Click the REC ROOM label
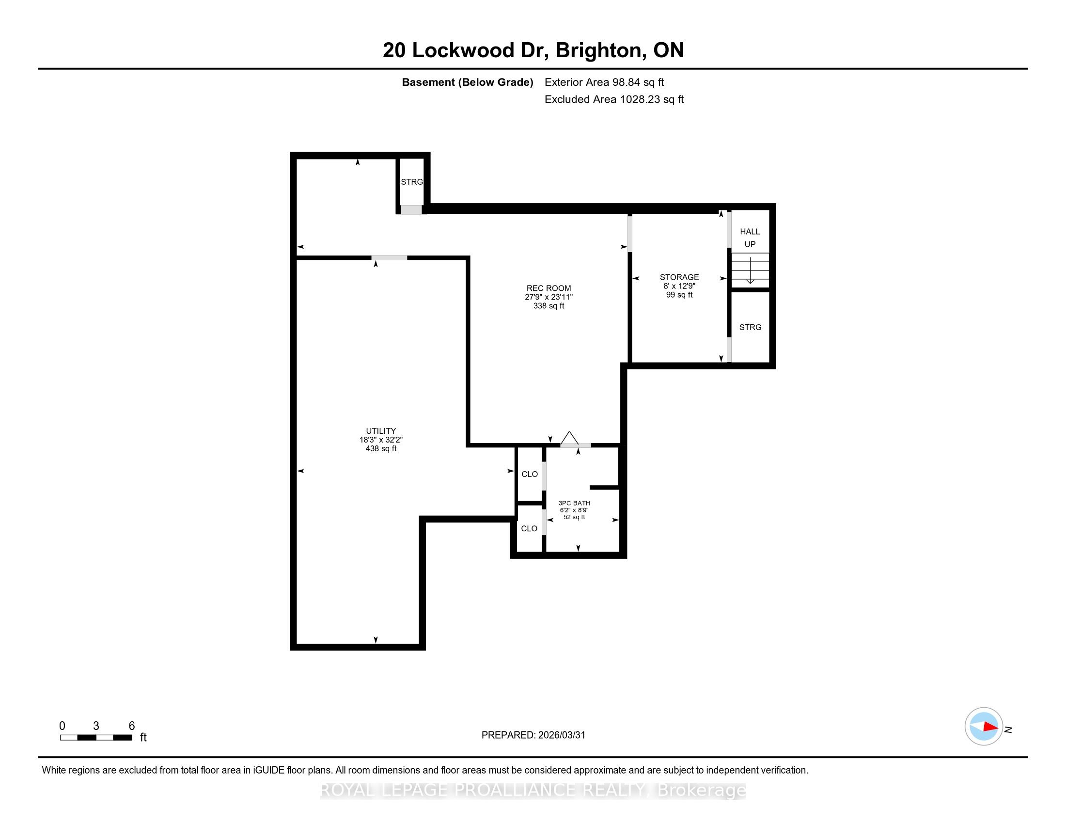tap(549, 288)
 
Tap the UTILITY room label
tap(381, 431)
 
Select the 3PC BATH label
tap(575, 503)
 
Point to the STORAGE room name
tap(679, 277)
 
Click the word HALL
tap(750, 232)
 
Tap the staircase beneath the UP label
tap(750, 270)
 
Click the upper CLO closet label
tap(530, 474)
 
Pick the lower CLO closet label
tap(529, 528)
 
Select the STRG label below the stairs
tap(750, 327)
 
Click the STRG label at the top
tap(412, 182)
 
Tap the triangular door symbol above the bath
tap(569, 438)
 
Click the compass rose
tap(984, 727)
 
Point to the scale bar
tap(96, 738)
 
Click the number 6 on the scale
tap(132, 726)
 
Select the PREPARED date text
tap(533, 735)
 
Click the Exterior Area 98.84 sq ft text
tap(604, 82)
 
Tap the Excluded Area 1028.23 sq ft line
tap(614, 99)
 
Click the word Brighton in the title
tap(598, 50)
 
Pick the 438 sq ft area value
tap(381, 448)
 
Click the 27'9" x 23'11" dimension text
tap(549, 297)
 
